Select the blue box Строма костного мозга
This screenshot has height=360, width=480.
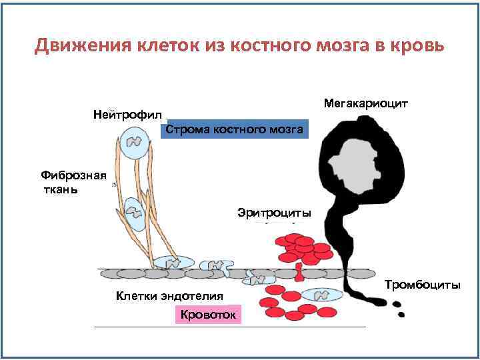coord(234,129)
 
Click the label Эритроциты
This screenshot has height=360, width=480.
coord(274,213)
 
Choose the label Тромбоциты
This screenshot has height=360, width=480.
coord(423,285)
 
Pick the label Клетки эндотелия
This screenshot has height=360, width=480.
coord(169,295)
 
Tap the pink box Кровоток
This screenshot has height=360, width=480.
coord(209,315)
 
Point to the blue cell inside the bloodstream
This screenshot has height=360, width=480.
coord(321,295)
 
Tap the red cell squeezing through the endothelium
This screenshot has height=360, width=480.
coord(298,271)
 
